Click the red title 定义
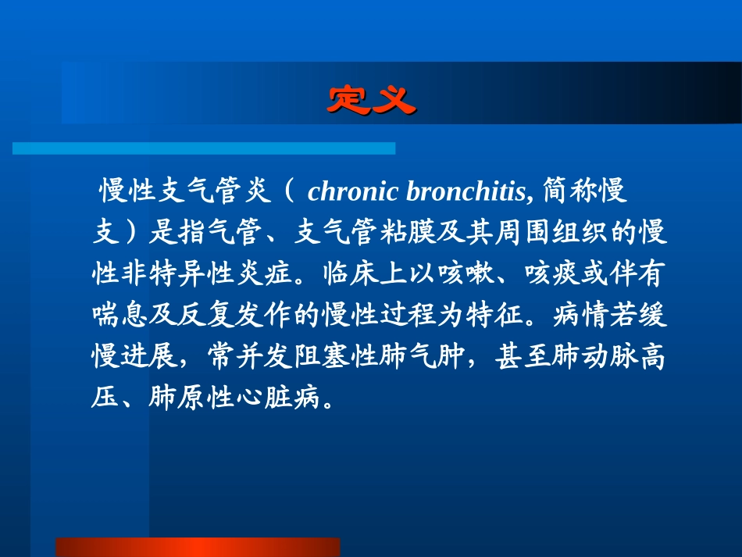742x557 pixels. tap(370, 100)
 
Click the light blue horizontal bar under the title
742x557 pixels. tap(204, 148)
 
